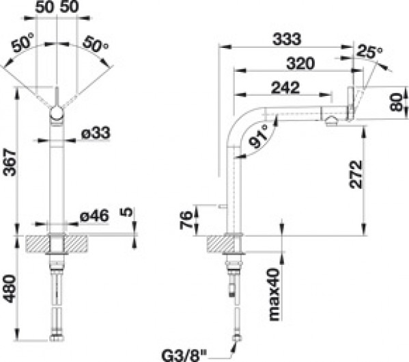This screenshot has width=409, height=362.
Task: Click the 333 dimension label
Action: [x=286, y=39]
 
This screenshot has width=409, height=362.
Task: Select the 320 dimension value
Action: [x=300, y=63]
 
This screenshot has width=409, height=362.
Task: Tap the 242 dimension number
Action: [x=285, y=88]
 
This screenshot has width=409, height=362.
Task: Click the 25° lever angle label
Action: [x=369, y=51]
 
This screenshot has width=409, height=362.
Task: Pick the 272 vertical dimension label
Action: [x=356, y=174]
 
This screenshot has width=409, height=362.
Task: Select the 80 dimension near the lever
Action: [x=397, y=102]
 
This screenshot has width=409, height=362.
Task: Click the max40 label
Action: [x=274, y=294]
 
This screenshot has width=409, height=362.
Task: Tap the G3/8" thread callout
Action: [x=184, y=355]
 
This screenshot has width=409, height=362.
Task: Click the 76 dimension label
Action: [x=186, y=220]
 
